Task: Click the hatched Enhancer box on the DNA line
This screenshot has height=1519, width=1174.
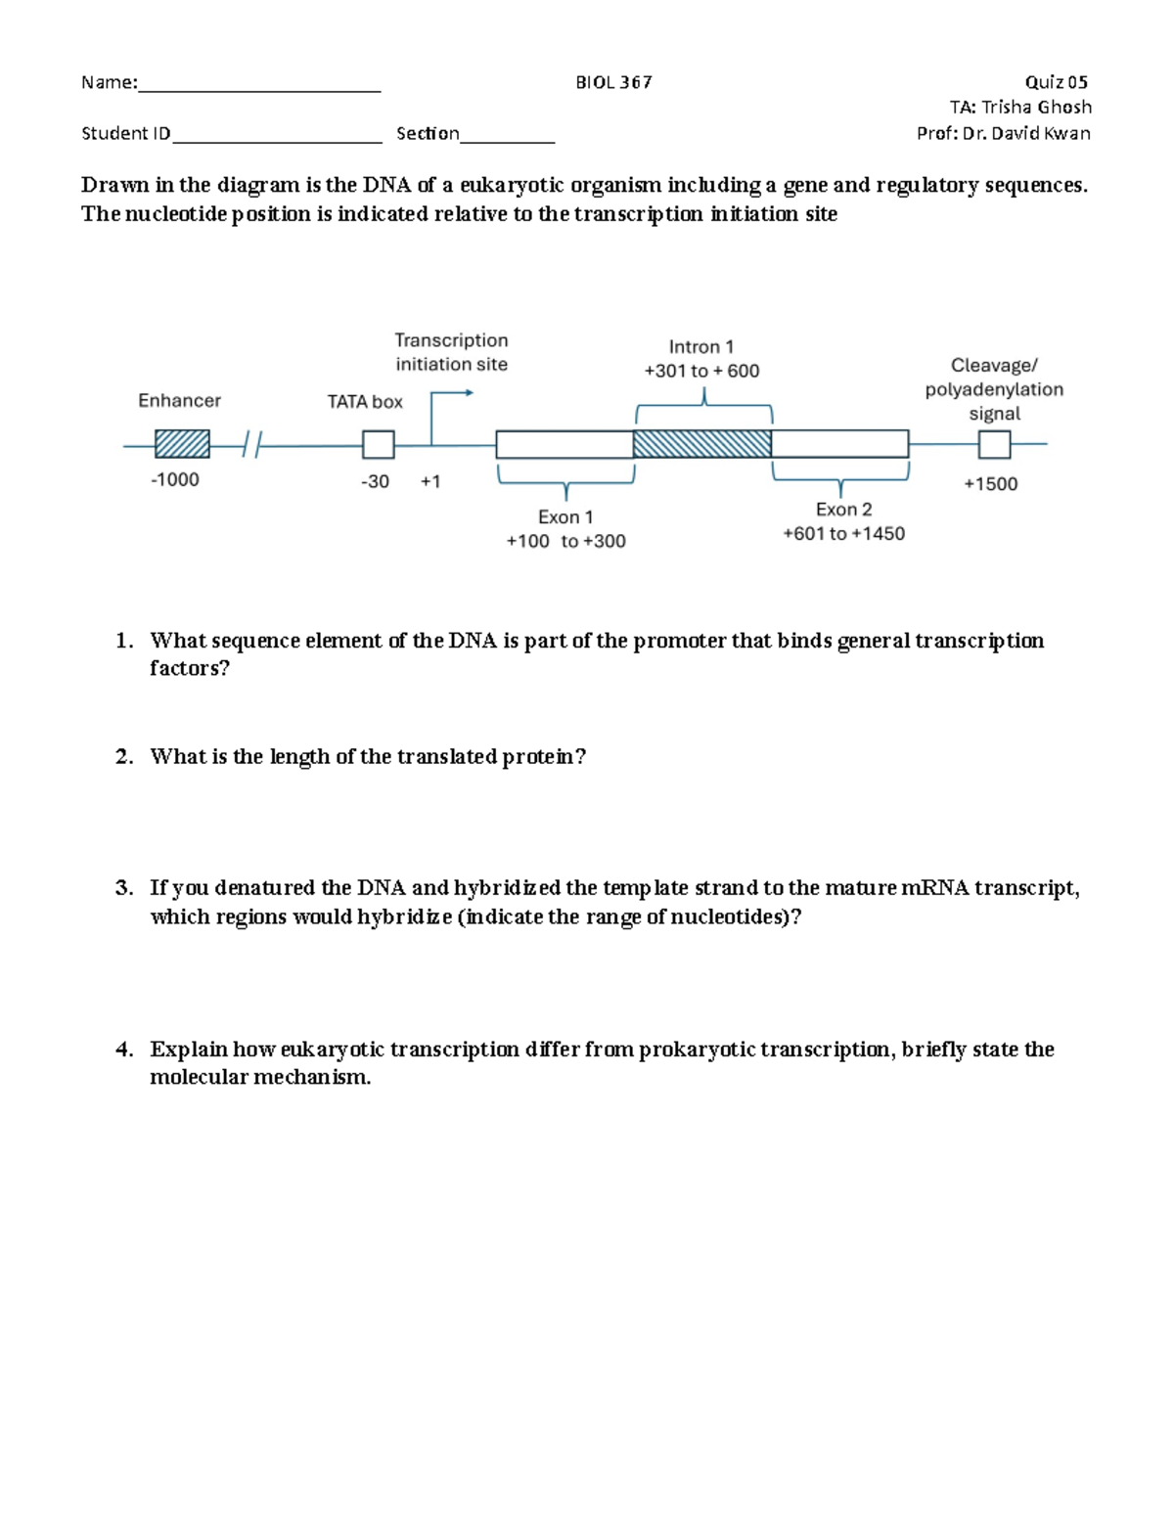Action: click(182, 444)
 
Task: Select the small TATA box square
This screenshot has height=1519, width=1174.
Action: click(378, 445)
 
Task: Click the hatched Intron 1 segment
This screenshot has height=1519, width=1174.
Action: click(701, 444)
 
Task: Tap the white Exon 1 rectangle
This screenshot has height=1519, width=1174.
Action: click(564, 444)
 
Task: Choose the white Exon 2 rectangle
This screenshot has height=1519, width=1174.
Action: click(839, 444)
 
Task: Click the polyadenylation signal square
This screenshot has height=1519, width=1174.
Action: click(994, 445)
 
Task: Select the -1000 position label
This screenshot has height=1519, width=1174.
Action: click(174, 479)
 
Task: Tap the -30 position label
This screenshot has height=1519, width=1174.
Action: click(375, 481)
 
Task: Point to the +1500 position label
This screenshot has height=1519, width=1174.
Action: click(990, 484)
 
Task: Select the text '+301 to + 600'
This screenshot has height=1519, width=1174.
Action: click(701, 371)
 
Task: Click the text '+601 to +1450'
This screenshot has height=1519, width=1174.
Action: click(843, 533)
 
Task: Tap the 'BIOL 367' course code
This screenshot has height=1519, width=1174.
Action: click(613, 82)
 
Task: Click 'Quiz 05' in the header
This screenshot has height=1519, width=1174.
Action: click(1056, 82)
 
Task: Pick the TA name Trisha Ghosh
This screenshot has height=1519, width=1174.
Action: click(1036, 108)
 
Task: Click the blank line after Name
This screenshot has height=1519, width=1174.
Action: click(259, 86)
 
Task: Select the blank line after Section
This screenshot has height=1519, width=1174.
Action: click(507, 137)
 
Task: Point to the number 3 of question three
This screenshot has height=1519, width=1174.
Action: click(122, 888)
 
